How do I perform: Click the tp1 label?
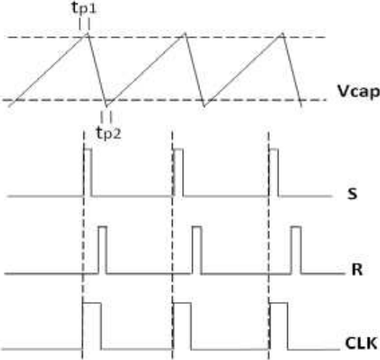pyautogui.click(x=84, y=8)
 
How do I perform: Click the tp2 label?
pyautogui.click(x=109, y=133)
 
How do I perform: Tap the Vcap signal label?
pyautogui.click(x=358, y=92)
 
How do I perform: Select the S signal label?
pyautogui.click(x=352, y=194)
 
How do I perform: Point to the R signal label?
pyautogui.click(x=357, y=269)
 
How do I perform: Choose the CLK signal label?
pyautogui.click(x=361, y=343)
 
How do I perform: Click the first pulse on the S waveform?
pyautogui.click(x=88, y=172)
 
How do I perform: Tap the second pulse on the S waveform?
pyautogui.click(x=178, y=172)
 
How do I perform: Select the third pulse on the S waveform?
pyautogui.click(x=274, y=172)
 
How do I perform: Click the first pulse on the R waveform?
pyautogui.click(x=102, y=250)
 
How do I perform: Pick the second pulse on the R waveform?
pyautogui.click(x=197, y=250)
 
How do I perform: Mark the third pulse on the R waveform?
pyautogui.click(x=297, y=250)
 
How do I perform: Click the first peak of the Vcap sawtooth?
pyautogui.click(x=86, y=33)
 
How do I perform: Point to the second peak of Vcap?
pyautogui.click(x=185, y=33)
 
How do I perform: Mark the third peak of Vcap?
pyautogui.click(x=282, y=33)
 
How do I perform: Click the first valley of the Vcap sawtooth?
pyautogui.click(x=107, y=106)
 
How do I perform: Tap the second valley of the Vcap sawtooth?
pyautogui.click(x=205, y=106)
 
